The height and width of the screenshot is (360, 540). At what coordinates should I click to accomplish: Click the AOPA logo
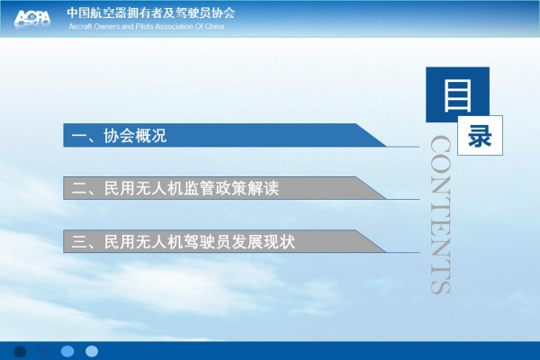click(x=32, y=18)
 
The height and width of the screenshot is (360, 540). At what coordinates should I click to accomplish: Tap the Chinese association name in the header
click(x=151, y=13)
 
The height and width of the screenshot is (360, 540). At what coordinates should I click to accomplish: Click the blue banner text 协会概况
click(x=135, y=136)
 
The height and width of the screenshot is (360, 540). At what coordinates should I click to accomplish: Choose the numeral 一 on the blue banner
click(x=79, y=136)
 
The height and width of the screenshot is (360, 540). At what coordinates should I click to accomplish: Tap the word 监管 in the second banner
click(x=199, y=188)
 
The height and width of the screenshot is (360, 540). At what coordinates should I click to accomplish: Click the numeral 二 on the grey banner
click(x=79, y=188)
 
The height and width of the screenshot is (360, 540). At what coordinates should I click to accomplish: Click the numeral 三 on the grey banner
click(x=79, y=241)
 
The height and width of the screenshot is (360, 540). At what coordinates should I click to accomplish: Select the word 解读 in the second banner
click(x=263, y=188)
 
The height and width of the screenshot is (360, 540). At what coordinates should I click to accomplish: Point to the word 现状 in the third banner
click(x=279, y=241)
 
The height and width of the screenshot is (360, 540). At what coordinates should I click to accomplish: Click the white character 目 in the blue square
click(x=457, y=95)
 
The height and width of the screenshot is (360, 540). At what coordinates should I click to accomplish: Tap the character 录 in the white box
click(x=480, y=136)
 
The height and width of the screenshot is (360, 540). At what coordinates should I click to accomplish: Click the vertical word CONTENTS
click(x=440, y=214)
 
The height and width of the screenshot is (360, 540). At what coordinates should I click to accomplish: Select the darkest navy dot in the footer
click(x=20, y=351)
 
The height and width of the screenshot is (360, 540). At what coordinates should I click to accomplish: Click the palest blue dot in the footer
click(x=92, y=351)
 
